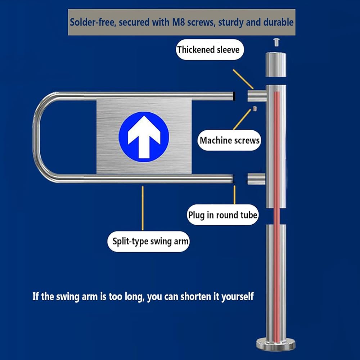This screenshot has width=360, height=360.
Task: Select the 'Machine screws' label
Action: (x=229, y=140)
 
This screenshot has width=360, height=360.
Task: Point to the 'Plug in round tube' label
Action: (x=223, y=215)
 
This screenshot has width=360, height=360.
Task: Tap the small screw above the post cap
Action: (x=276, y=42)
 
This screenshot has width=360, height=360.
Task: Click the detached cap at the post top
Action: (x=276, y=64)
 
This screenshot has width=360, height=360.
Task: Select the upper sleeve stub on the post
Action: (x=257, y=96)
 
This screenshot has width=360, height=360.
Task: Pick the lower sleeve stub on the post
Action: (x=256, y=179)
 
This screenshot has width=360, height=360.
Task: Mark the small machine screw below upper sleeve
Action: (x=255, y=108)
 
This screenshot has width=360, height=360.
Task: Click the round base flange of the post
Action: (x=276, y=344)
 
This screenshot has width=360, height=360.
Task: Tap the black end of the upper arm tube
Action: (x=234, y=96)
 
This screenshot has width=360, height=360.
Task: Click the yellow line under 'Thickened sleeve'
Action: (x=243, y=79)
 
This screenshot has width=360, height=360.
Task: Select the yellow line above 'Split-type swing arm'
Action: (x=143, y=208)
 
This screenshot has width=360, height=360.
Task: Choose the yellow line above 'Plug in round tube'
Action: (x=234, y=195)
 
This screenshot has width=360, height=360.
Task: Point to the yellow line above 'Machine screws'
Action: (x=242, y=120)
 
